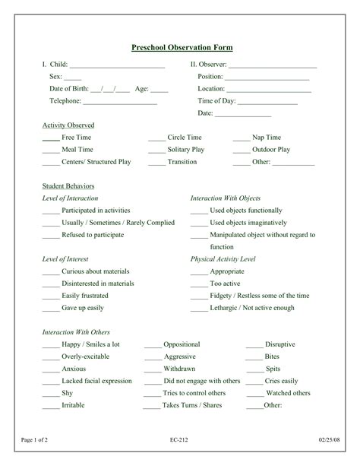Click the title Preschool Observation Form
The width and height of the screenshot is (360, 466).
click(x=182, y=48)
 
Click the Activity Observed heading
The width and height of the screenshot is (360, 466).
click(x=68, y=125)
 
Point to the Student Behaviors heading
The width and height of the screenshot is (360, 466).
click(x=68, y=185)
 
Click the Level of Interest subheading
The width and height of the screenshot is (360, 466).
click(x=66, y=259)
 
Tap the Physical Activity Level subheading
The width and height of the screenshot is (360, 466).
click(x=223, y=259)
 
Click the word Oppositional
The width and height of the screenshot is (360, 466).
click(x=182, y=344)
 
